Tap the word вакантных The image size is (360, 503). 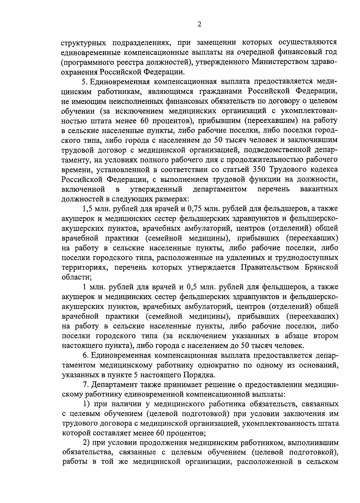tap(319, 189)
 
